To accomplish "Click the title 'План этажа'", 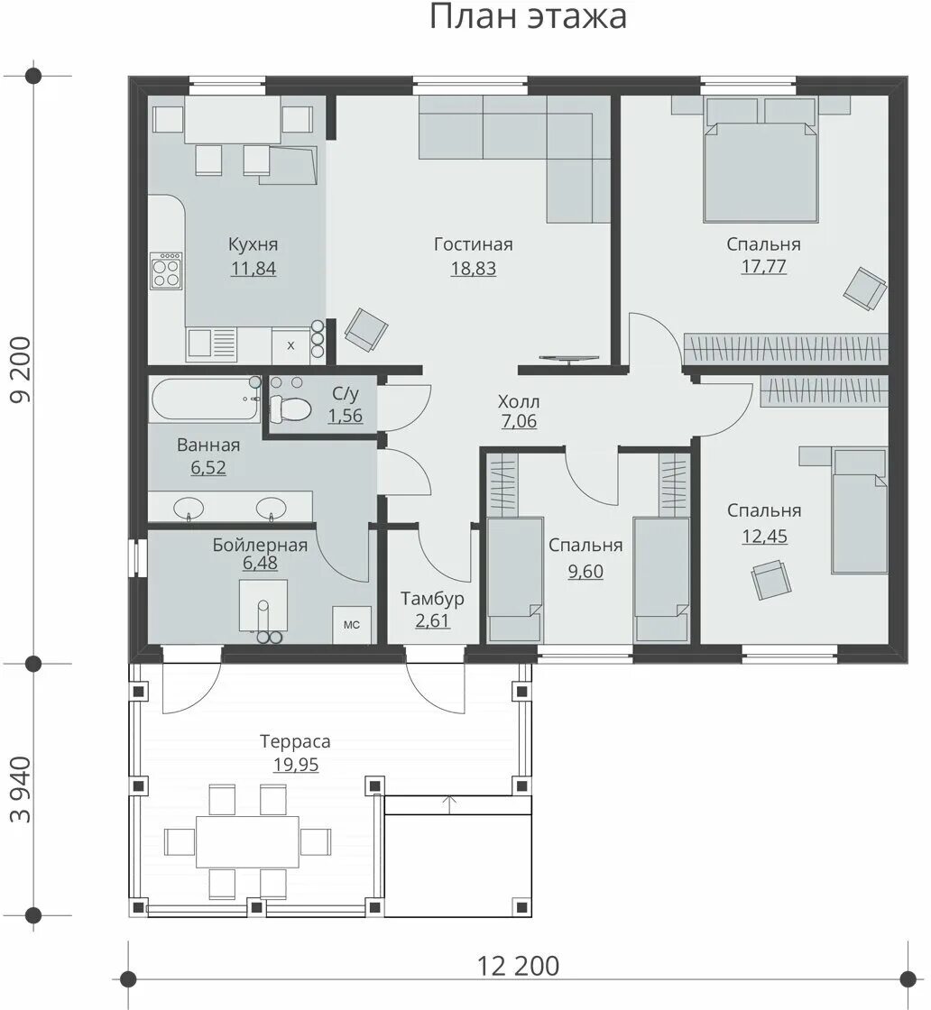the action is [528, 16].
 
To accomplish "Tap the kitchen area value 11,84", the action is [253, 268].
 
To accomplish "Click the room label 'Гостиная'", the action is [474, 244].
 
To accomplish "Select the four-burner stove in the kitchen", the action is [166, 271].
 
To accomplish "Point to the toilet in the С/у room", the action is [290, 407].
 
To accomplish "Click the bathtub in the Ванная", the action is [205, 400].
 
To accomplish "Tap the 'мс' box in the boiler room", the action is [352, 624].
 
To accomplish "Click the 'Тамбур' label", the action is [432, 599].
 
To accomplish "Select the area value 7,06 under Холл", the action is [519, 421].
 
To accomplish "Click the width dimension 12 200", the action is [519, 966].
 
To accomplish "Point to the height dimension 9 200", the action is [22, 369].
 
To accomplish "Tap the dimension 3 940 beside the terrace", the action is [22, 790].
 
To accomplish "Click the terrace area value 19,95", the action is [296, 765].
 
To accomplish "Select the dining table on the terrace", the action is [248, 841].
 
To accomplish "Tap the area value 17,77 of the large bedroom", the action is [764, 266].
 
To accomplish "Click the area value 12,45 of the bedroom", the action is [765, 536].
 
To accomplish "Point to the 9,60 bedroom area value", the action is [585, 572].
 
